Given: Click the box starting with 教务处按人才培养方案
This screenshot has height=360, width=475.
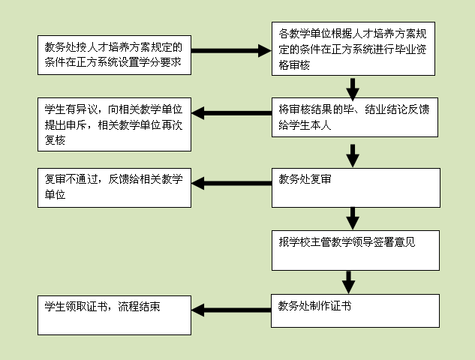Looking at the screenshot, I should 114,55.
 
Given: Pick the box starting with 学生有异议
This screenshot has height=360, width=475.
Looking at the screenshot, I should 114,124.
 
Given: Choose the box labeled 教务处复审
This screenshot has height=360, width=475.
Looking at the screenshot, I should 355,187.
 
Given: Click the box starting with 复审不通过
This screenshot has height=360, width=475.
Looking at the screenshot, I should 114,188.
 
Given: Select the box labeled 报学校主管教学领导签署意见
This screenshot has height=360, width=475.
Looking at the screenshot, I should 355,250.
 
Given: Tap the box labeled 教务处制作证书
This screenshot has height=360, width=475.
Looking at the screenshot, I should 355,310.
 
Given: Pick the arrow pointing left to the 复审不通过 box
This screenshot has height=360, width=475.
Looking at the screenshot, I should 233,182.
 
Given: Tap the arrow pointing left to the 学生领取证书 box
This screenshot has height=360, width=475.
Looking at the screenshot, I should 233,309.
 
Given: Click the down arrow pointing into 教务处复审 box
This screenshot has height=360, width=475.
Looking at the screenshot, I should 353,154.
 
